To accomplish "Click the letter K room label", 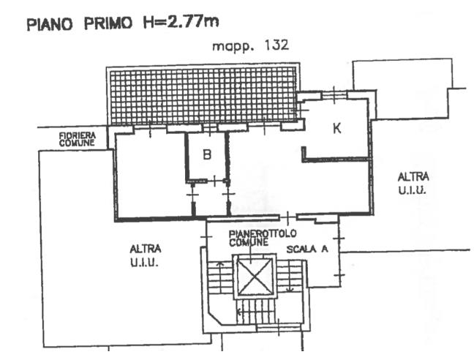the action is [x=337, y=129].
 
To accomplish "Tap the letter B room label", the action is [x=207, y=155].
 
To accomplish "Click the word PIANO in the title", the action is [x=50, y=24].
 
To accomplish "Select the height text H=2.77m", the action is [x=181, y=22].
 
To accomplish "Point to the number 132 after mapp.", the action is [x=276, y=45].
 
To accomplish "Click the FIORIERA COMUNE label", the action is [x=78, y=139].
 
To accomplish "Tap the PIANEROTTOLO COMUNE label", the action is [x=263, y=238].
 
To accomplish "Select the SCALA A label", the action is [x=307, y=249].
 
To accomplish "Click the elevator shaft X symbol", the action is [x=255, y=277].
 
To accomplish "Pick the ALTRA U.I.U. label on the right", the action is [x=413, y=183].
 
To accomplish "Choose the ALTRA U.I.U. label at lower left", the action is [x=145, y=255].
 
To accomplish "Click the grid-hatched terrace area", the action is [x=203, y=96].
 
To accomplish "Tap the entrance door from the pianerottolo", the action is [x=287, y=217].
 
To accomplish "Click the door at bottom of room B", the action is [x=214, y=181].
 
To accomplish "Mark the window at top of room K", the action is [x=334, y=94].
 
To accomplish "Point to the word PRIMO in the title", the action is [x=108, y=23].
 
